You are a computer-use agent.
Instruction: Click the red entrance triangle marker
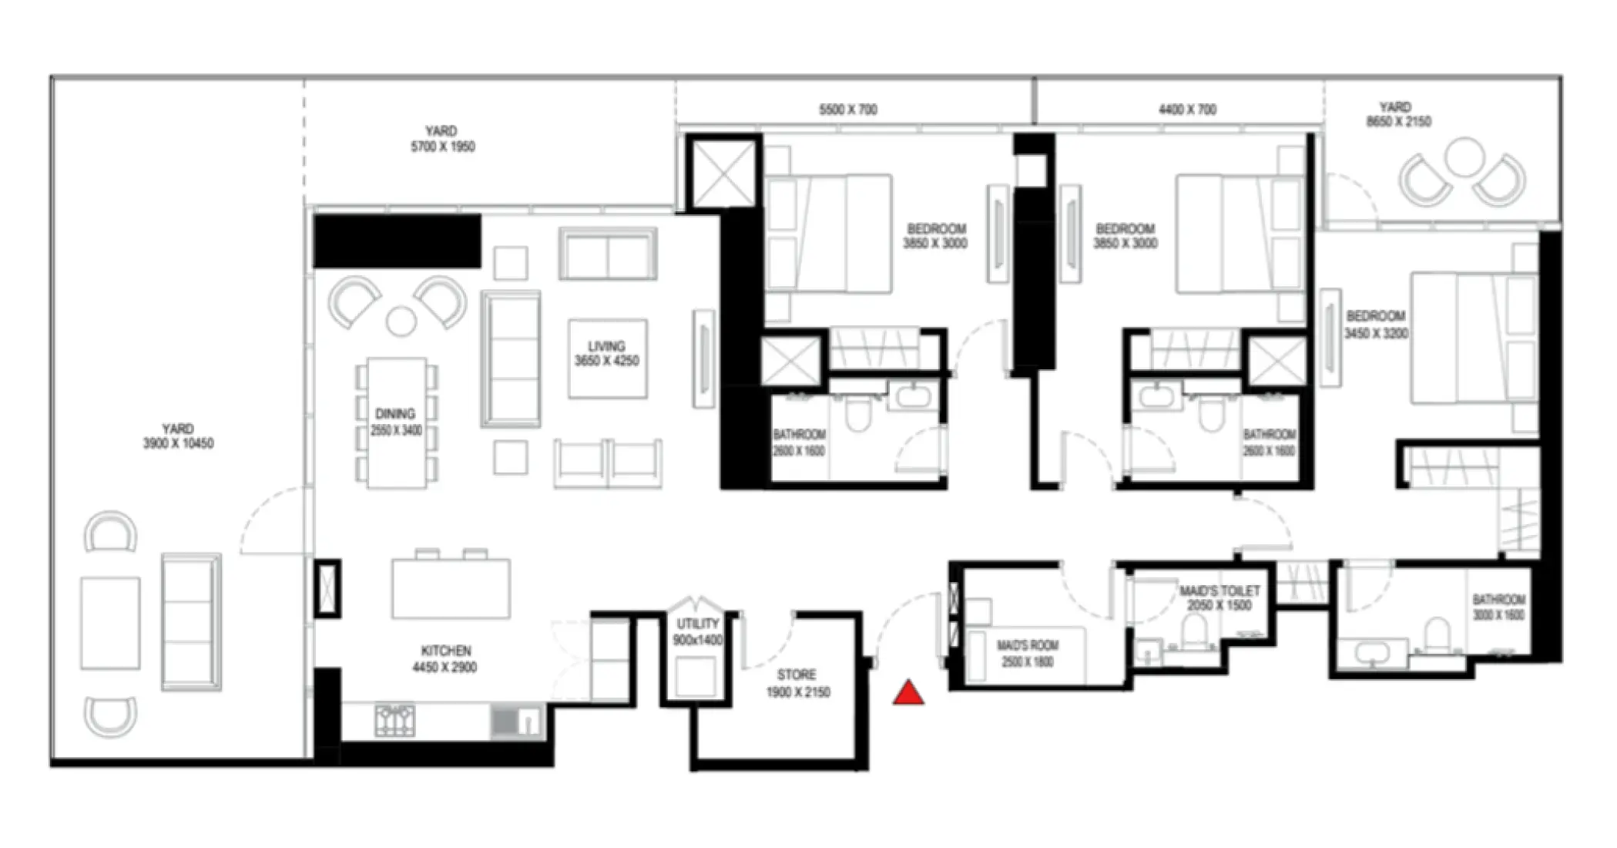coord(908,694)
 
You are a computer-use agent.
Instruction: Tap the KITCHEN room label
coord(445,651)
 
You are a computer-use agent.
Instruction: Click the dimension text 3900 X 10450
coord(178,444)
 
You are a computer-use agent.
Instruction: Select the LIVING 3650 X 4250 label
coord(606,354)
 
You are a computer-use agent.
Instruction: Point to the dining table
coord(397,422)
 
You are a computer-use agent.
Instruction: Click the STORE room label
coord(797,675)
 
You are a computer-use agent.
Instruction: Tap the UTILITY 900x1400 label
coord(697,631)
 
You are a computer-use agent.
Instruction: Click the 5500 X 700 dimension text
coord(847,110)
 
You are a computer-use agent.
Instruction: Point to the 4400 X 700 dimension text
coord(1187,110)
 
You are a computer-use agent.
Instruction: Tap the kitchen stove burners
coord(394,721)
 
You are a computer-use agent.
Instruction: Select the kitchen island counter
coord(451,589)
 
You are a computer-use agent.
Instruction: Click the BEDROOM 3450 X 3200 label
coord(1376,325)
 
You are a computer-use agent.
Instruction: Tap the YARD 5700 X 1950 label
coord(442,139)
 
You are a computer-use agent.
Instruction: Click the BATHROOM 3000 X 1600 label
coord(1498,607)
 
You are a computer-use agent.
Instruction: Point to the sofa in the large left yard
coord(191,621)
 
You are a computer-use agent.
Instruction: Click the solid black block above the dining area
coord(398,241)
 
